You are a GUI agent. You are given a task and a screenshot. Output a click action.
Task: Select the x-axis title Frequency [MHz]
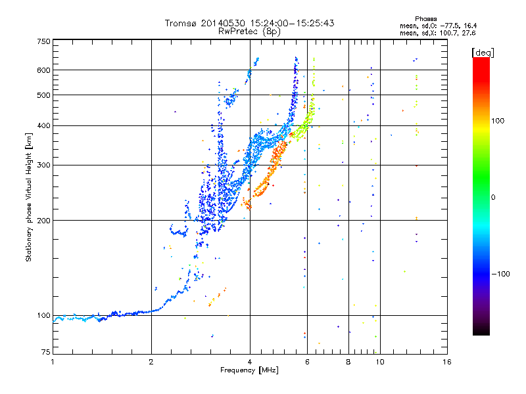(249, 371)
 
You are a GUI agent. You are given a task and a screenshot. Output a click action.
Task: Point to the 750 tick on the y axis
(43, 41)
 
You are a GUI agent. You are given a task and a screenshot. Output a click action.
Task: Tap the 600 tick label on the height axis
(43, 70)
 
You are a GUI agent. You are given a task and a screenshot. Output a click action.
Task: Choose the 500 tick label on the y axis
(43, 95)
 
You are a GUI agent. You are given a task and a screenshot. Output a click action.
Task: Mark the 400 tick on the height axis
(43, 125)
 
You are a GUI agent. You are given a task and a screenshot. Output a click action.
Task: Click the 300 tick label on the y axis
(43, 165)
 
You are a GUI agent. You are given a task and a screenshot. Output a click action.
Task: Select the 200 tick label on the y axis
(43, 220)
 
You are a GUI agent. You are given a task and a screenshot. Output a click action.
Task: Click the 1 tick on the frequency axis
(53, 362)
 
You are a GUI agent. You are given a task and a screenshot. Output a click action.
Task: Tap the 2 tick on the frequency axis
(151, 362)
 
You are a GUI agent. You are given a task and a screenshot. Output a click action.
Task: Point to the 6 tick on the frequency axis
(308, 362)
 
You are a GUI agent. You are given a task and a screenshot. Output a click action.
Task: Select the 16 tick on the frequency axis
(446, 362)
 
